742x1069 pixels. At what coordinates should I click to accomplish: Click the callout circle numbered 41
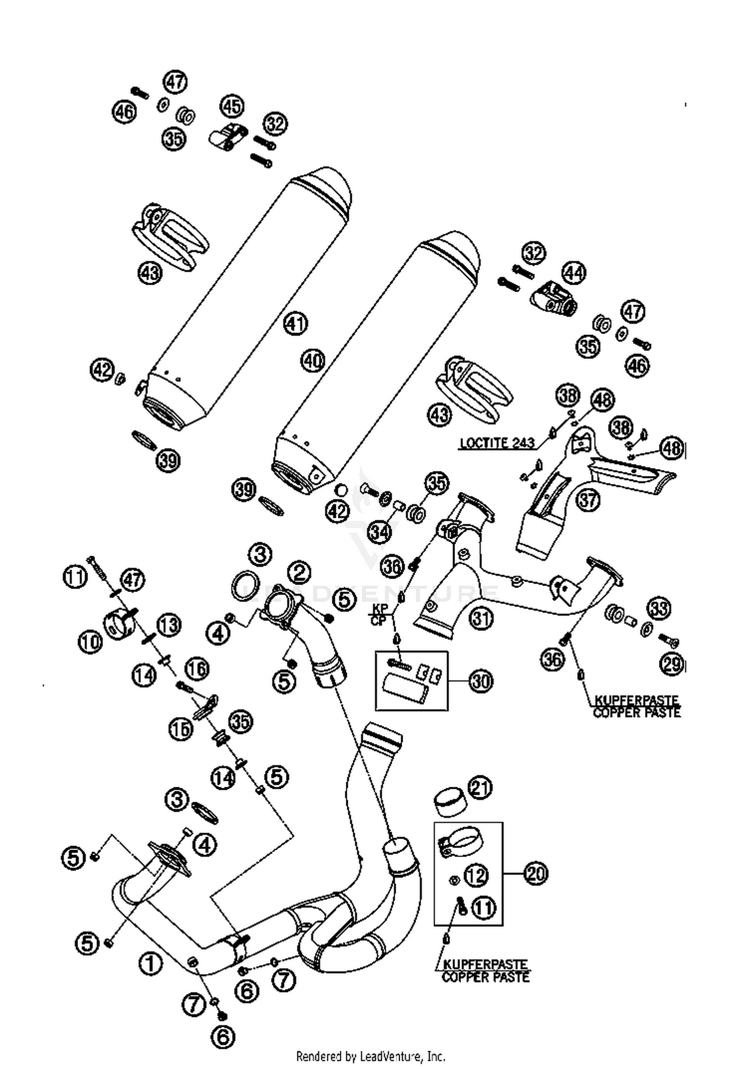click(x=295, y=324)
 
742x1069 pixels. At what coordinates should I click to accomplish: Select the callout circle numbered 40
click(x=313, y=361)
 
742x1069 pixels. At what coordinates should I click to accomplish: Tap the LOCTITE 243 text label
click(x=497, y=443)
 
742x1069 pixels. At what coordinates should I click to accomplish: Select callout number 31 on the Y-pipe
click(x=481, y=619)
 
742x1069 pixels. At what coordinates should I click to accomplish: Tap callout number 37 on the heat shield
click(x=588, y=500)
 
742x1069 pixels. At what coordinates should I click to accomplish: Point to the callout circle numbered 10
click(x=90, y=641)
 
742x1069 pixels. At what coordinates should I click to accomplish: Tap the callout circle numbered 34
click(x=379, y=532)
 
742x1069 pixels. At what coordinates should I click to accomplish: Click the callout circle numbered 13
click(x=169, y=625)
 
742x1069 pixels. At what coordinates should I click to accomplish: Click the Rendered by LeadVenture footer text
click(x=371, y=1057)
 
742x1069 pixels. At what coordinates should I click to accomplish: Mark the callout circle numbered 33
click(x=658, y=609)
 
